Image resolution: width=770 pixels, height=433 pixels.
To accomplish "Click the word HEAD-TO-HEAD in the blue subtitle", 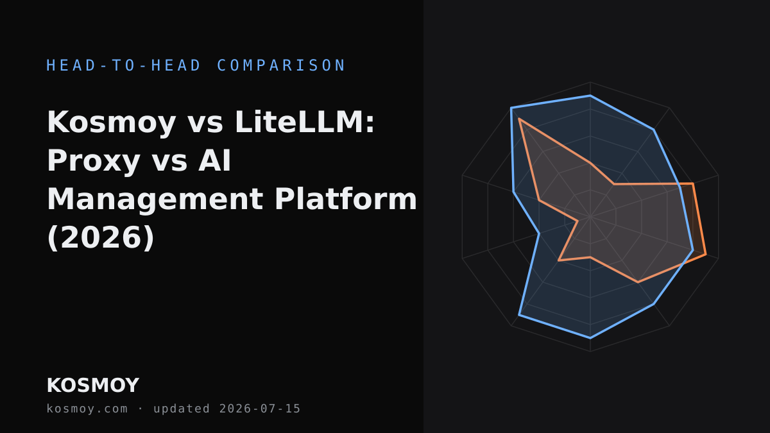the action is click(124, 65).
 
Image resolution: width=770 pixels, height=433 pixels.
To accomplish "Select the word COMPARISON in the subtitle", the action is click(281, 65).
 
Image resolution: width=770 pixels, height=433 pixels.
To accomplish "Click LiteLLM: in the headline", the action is click(305, 122).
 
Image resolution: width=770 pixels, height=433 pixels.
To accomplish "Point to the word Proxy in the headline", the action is click(94, 162).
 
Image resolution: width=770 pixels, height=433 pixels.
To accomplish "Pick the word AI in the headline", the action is click(214, 160).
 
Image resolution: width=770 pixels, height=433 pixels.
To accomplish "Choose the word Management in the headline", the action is click(155, 200).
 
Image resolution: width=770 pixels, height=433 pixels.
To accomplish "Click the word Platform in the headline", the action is click(346, 199).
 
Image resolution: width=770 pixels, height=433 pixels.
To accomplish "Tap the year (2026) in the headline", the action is click(101, 238).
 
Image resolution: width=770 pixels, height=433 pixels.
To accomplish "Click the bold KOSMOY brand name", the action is click(93, 386).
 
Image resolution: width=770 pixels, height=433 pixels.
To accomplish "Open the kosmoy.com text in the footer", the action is click(87, 409).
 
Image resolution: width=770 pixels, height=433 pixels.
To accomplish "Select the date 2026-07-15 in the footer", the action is click(260, 409).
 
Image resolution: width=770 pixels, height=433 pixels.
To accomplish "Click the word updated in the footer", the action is click(182, 409).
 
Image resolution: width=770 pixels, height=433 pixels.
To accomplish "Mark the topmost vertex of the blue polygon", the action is click(590, 95).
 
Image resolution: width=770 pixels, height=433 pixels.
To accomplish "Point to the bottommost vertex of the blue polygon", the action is click(590, 339).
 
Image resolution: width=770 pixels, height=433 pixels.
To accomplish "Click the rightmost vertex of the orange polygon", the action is click(706, 254).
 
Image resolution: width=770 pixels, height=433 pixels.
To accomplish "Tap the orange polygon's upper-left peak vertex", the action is click(518, 119).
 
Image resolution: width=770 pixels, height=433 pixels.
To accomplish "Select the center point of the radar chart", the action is click(590, 217).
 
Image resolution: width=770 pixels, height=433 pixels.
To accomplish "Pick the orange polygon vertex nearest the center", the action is click(577, 221).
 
